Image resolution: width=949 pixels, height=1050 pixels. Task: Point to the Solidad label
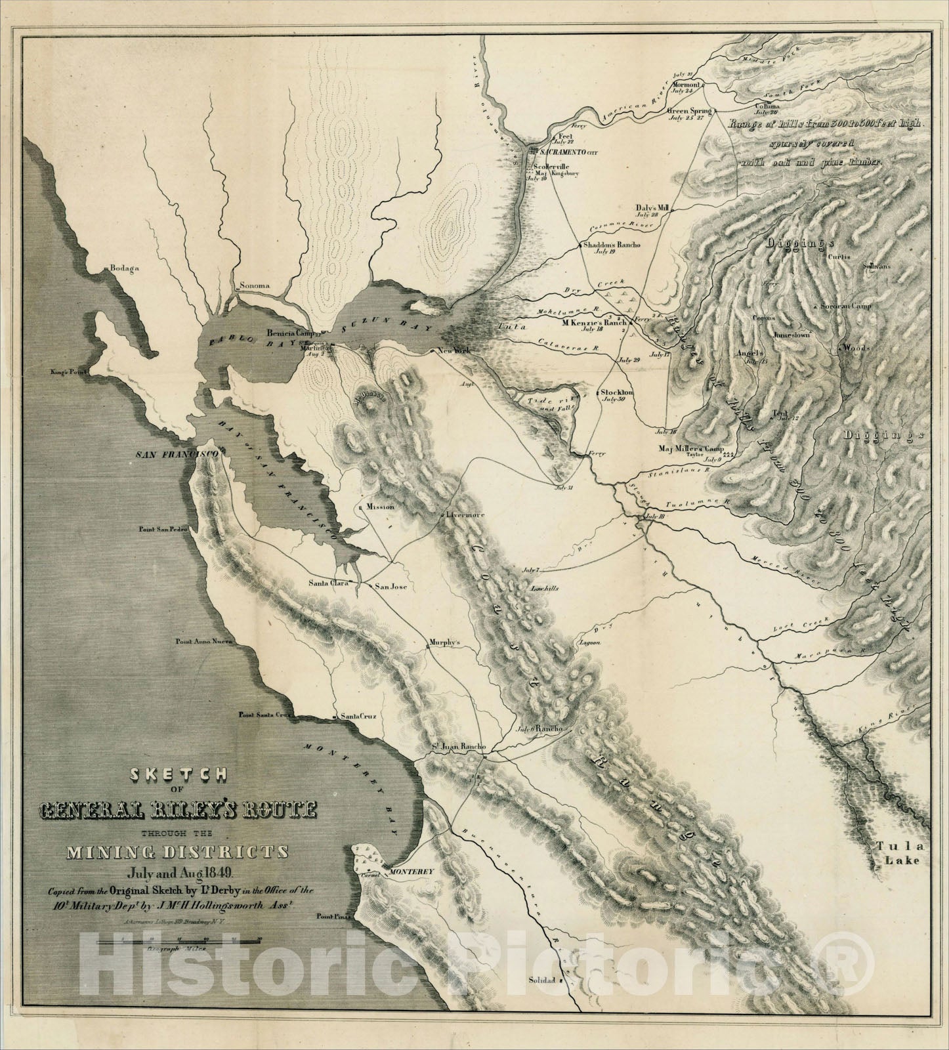pos(542,999)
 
